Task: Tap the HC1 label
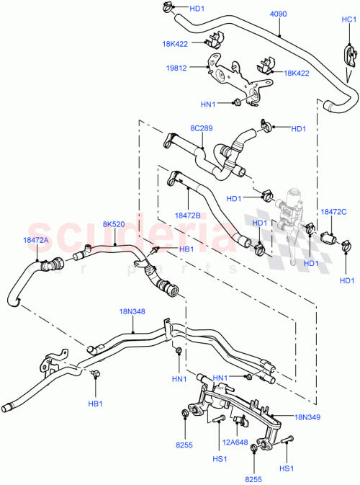point(348,20)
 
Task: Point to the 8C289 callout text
point(201,128)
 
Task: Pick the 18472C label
point(333,212)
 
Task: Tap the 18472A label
point(35,241)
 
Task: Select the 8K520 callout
point(113,224)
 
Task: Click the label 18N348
point(132,311)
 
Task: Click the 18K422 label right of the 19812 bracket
point(296,73)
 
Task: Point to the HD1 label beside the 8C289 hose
point(298,129)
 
